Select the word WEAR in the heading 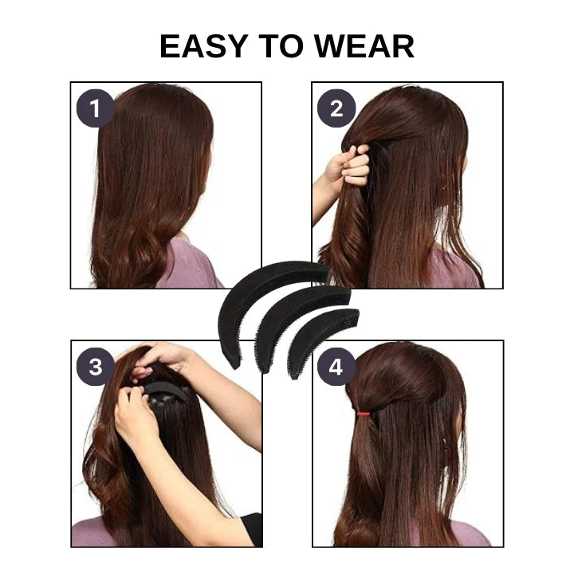click(x=364, y=46)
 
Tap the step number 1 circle click(x=96, y=108)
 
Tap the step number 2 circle click(x=336, y=108)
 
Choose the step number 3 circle click(x=96, y=367)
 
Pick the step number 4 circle click(x=336, y=367)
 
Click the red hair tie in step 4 click(x=364, y=414)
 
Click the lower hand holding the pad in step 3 click(x=136, y=417)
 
